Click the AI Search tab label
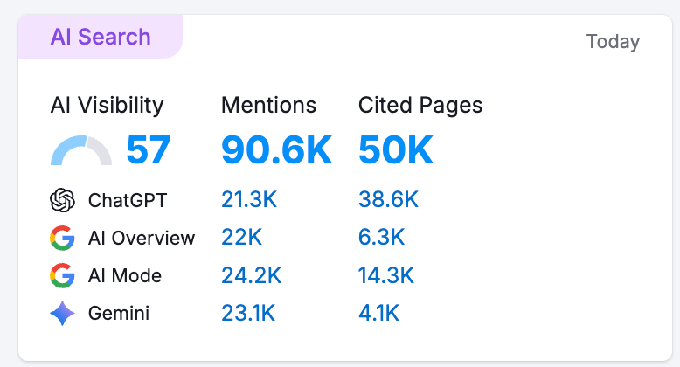(x=101, y=38)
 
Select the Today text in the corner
(x=613, y=42)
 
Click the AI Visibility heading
(x=107, y=106)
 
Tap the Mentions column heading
(x=268, y=106)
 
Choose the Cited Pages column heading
(x=420, y=106)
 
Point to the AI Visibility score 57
(x=149, y=150)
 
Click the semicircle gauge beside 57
(x=81, y=151)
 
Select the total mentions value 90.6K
(x=276, y=150)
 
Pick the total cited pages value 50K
(x=396, y=150)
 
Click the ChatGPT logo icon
(x=63, y=200)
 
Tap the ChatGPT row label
(x=128, y=200)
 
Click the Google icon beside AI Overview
(x=63, y=238)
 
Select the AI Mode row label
(x=125, y=276)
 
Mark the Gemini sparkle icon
(x=63, y=314)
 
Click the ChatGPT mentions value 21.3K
(x=249, y=200)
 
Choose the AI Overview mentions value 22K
(x=241, y=238)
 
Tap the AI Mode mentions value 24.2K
(x=251, y=276)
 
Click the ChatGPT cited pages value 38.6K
(x=388, y=200)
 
